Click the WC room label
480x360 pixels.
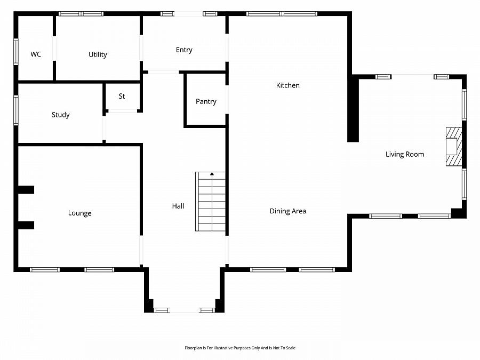36,54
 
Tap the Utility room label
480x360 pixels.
98,54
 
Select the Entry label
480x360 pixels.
184,50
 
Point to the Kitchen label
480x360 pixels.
288,85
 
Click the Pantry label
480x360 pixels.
206,101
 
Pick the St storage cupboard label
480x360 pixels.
122,96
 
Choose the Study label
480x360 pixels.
61,115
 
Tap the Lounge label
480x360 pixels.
79,213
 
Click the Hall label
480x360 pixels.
178,206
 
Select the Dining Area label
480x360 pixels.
288,211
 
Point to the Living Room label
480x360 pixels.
405,154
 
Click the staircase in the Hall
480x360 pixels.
211,202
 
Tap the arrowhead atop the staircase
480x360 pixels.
212,174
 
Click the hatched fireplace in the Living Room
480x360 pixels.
454,147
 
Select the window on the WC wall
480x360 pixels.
16,51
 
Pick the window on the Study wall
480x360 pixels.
16,110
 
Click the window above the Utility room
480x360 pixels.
81,14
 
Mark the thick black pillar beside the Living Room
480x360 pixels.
353,109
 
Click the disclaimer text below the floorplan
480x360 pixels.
240,348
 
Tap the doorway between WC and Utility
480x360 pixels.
54,49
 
